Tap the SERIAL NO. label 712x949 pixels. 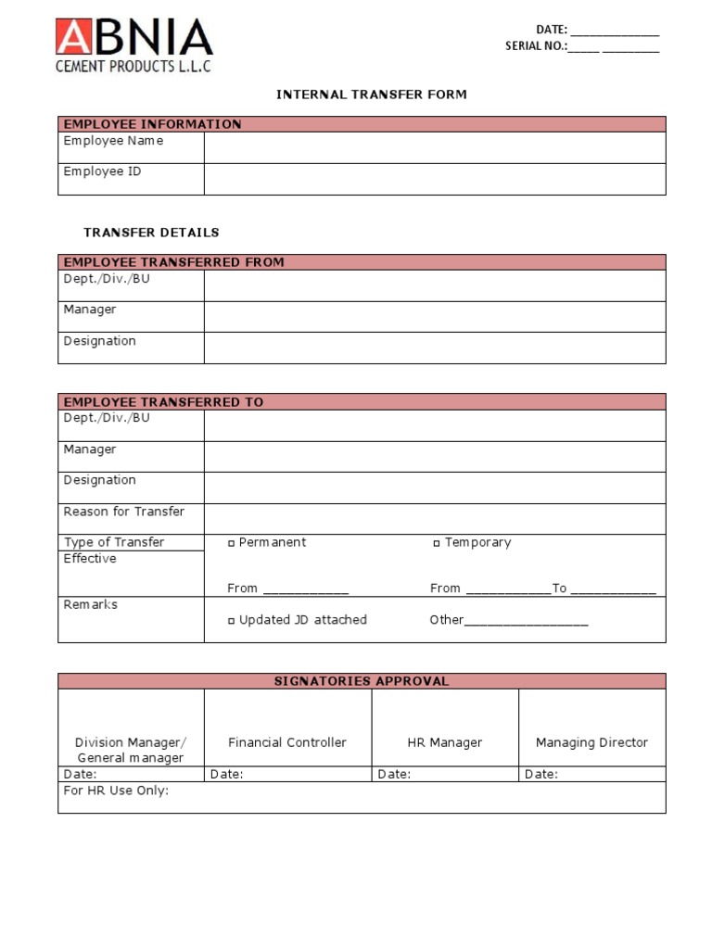(x=535, y=46)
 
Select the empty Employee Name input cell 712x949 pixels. (x=434, y=147)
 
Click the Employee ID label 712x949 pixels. (x=102, y=171)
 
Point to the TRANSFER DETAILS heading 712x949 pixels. (x=151, y=233)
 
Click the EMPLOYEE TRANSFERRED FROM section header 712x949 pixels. (x=173, y=262)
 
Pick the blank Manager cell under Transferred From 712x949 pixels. (x=434, y=316)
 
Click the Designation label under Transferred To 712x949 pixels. (x=99, y=480)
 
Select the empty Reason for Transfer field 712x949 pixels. (x=434, y=518)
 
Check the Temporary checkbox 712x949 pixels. (x=437, y=543)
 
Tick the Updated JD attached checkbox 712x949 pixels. (x=232, y=621)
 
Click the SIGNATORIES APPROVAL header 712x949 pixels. (x=362, y=681)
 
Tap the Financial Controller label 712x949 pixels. (x=287, y=742)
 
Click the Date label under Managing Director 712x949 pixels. (x=541, y=775)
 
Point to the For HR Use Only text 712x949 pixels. (x=116, y=791)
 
